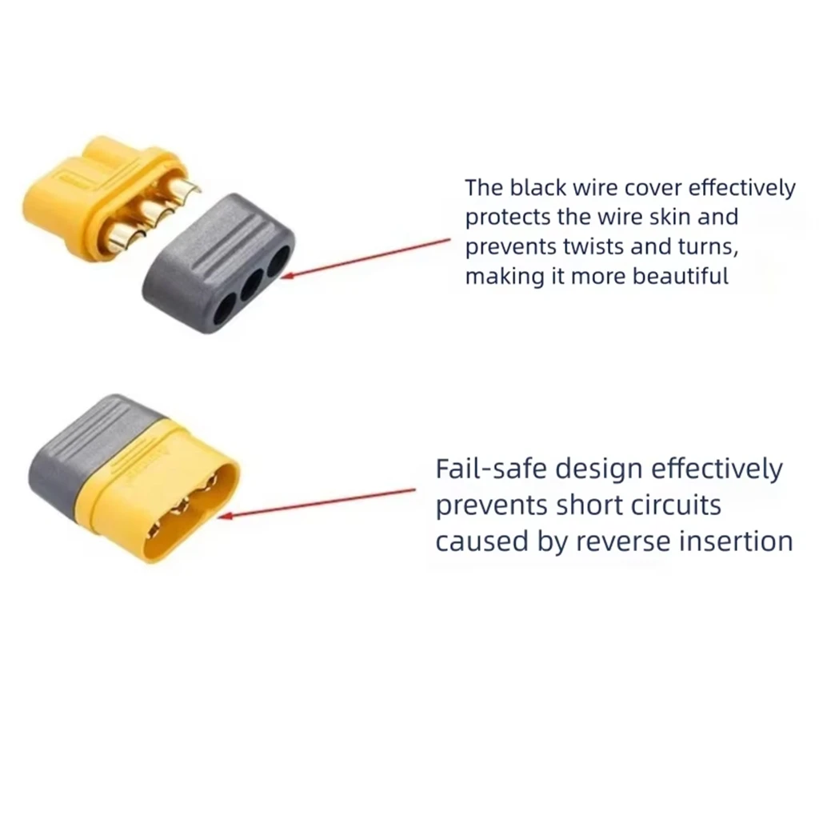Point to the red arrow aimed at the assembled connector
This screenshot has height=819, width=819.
point(317,504)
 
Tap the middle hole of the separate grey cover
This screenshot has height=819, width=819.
point(251,285)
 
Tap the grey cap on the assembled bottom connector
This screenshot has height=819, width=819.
point(94,451)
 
